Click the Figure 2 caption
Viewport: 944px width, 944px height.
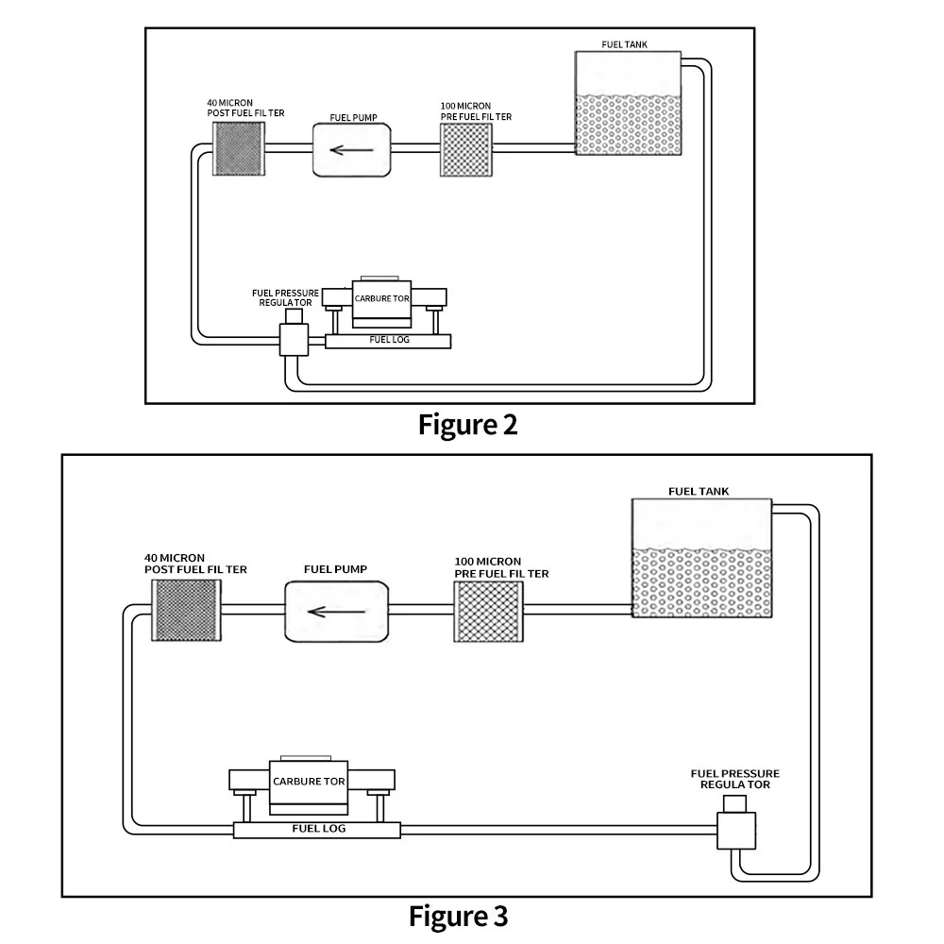click(x=468, y=425)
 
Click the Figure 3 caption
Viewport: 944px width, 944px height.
click(x=459, y=915)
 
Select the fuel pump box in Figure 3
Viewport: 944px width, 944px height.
click(x=336, y=611)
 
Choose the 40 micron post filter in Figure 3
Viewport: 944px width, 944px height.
click(x=186, y=612)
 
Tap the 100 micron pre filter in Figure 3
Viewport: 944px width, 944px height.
click(x=488, y=612)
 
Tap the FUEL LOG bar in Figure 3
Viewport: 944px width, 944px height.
click(x=319, y=830)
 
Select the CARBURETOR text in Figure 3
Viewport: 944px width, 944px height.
click(x=308, y=782)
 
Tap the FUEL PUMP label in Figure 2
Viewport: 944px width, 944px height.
click(x=353, y=118)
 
